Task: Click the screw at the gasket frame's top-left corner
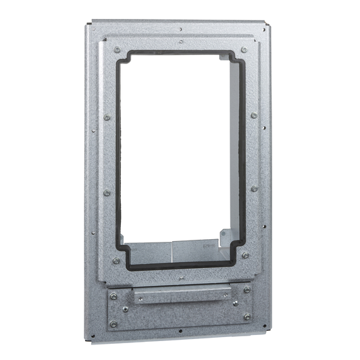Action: (x=117, y=50)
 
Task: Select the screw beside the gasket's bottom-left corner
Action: (x=116, y=261)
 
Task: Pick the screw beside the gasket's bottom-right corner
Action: (x=245, y=256)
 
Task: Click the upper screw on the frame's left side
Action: (x=107, y=118)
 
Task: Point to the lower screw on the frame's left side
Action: (x=107, y=192)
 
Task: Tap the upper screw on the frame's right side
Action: (x=254, y=115)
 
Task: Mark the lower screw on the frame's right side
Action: (x=254, y=188)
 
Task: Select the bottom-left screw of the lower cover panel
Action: (x=113, y=324)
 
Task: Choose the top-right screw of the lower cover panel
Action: (x=247, y=289)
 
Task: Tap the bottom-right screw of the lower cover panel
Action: (x=247, y=316)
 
